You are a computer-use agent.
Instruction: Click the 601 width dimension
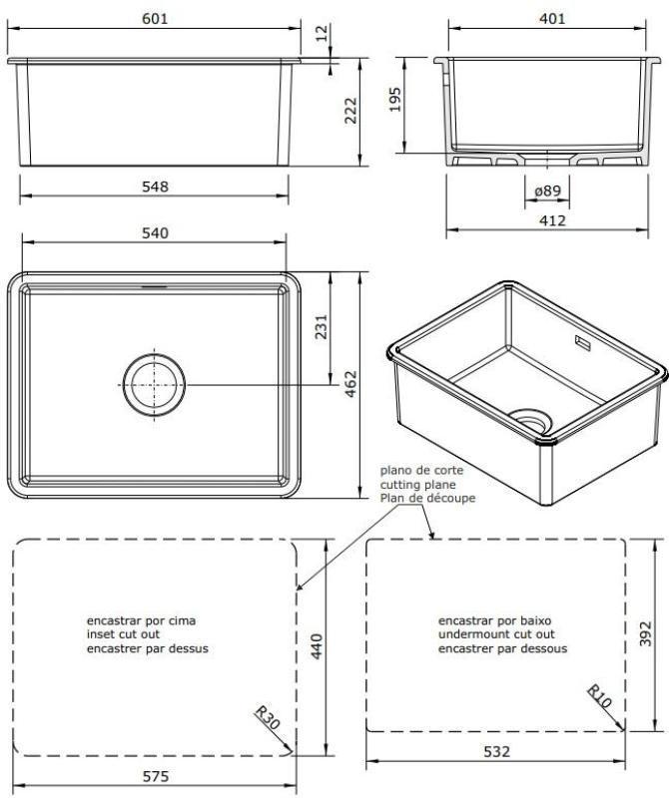[x=155, y=19]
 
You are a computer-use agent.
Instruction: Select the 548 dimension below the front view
[x=155, y=187]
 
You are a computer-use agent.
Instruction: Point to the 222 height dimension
[x=350, y=111]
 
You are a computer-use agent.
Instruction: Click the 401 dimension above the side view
[x=551, y=19]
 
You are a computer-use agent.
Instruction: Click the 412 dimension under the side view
[x=551, y=219]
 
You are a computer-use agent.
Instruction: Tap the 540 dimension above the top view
[x=155, y=232]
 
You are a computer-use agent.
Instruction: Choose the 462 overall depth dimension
[x=349, y=385]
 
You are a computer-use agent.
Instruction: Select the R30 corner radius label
[x=269, y=719]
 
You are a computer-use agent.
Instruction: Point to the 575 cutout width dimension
[x=155, y=776]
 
